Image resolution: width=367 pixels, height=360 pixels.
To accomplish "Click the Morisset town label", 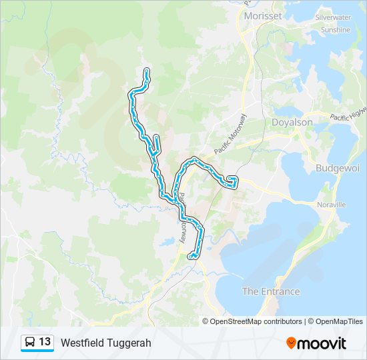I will point(263,15).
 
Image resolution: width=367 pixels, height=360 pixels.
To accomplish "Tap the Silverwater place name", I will point(333,17).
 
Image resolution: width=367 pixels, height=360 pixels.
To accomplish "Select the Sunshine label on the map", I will point(335,30).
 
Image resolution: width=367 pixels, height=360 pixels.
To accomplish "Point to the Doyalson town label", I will point(292,123).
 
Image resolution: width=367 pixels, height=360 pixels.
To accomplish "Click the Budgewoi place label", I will point(338,168).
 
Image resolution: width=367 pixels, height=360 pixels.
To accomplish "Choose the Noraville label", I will point(332,205).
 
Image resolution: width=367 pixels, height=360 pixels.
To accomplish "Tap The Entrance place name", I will point(270,291).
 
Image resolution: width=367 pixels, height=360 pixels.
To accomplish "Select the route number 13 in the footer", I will point(45,342).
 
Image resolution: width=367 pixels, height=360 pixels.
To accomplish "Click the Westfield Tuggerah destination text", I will point(106,343).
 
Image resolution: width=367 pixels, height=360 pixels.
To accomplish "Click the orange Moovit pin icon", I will point(292,343).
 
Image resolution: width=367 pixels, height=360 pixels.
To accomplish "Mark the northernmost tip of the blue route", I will point(146,70).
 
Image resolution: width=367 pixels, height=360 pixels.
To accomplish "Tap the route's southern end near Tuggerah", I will point(192,256).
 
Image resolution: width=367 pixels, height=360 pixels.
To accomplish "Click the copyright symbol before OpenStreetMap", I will point(206,321).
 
